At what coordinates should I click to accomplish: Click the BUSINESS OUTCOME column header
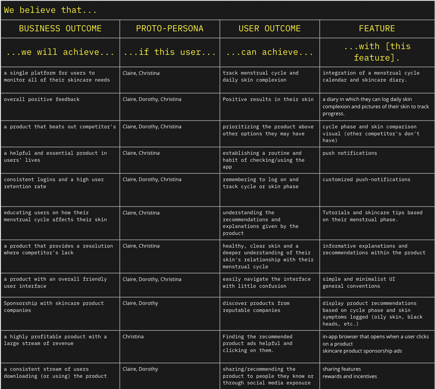(60, 29)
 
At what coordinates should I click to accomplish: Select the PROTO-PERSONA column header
(170, 29)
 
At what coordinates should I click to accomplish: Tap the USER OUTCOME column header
(270, 29)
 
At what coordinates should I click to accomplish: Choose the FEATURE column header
(377, 29)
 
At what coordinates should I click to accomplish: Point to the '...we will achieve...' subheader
(60, 52)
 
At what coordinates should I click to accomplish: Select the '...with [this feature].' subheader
(377, 52)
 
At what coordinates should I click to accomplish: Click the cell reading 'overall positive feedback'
(41, 100)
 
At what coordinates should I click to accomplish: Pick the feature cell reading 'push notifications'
(350, 153)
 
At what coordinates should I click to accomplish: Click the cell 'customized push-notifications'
(366, 180)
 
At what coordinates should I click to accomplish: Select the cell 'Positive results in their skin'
(268, 100)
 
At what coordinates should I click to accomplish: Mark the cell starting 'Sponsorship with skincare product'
(53, 307)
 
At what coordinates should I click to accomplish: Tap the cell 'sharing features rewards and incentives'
(349, 373)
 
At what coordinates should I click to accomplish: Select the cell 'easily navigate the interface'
(266, 282)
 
